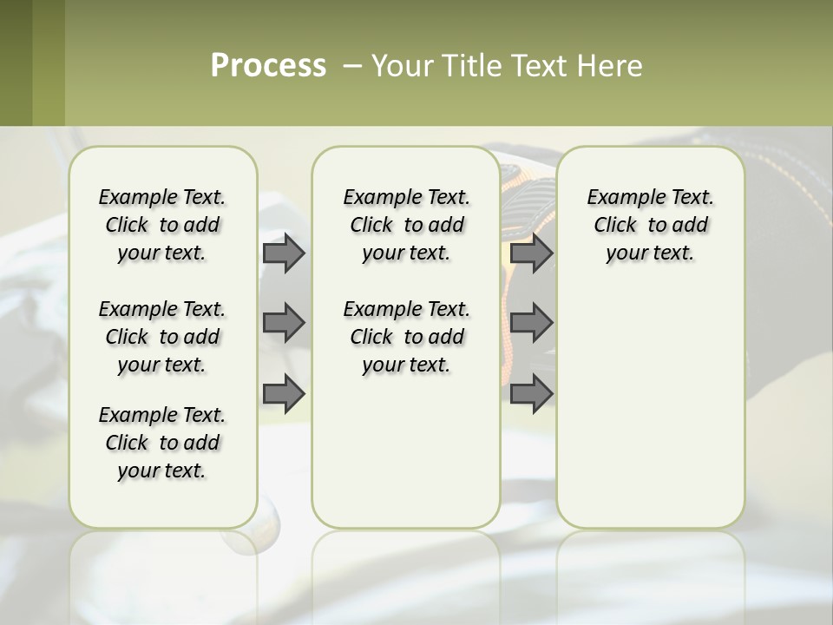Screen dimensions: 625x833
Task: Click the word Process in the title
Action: tap(268, 66)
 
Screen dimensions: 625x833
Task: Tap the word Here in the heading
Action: tap(611, 66)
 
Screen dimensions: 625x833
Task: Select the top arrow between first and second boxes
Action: tap(284, 253)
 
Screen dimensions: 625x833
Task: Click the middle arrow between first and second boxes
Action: tap(284, 323)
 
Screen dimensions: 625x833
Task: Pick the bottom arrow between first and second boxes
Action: tap(284, 394)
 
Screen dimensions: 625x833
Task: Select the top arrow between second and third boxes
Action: tap(531, 253)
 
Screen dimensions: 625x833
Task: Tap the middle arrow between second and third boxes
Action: tap(531, 323)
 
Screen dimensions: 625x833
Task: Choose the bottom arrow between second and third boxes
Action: tap(531, 394)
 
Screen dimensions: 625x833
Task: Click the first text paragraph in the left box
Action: tap(162, 225)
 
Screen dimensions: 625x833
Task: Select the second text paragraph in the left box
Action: tap(162, 337)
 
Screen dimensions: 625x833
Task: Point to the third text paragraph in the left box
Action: tap(162, 443)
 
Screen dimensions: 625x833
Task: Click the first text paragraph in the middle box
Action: tap(406, 225)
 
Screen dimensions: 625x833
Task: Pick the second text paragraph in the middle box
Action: tap(406, 337)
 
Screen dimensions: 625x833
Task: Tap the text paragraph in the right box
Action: tap(650, 225)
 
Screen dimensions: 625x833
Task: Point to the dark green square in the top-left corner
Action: tap(16, 62)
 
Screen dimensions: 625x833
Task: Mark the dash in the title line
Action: tap(352, 66)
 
